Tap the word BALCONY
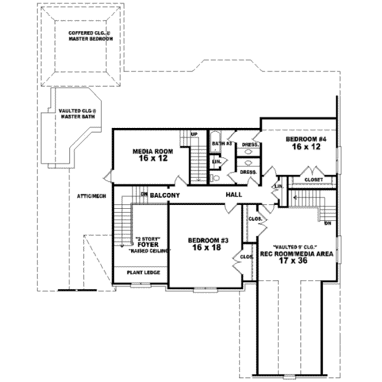coord(165,194)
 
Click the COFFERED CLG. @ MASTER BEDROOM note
coord(90,35)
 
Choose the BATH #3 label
coord(221,144)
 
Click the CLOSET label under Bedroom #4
coord(314,180)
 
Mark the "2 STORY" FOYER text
coord(148,243)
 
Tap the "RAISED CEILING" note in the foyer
coord(148,251)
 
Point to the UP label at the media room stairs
coord(194,134)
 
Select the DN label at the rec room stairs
coord(328,223)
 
